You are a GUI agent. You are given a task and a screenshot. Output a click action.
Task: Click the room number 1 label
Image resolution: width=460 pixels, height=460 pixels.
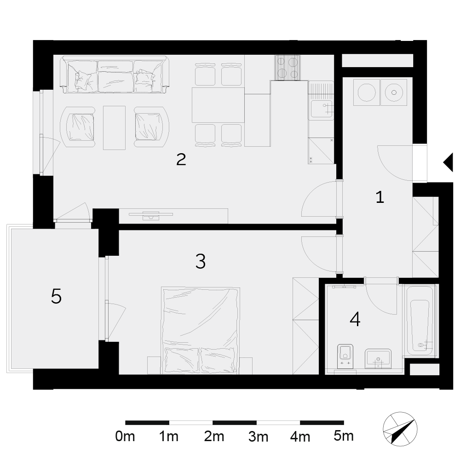point(380,197)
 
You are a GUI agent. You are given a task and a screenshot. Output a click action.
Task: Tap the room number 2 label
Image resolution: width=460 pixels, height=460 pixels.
point(181,159)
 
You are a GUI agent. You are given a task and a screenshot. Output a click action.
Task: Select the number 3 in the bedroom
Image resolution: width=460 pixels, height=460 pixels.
point(201,261)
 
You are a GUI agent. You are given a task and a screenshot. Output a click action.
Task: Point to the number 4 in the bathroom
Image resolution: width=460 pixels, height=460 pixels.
point(355,319)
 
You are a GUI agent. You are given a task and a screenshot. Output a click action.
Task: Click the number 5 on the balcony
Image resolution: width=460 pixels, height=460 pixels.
point(56,296)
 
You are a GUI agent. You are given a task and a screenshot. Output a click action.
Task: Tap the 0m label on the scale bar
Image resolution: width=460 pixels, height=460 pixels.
point(125,436)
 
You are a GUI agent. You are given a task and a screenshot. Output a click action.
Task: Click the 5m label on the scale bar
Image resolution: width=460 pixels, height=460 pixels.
point(344,436)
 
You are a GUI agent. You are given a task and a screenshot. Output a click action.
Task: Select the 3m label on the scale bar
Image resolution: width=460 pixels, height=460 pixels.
point(258,437)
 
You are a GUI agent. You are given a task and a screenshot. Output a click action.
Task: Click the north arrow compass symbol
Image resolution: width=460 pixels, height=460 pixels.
point(400,429)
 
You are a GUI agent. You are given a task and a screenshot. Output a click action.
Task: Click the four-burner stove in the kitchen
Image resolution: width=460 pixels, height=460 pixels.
point(287,68)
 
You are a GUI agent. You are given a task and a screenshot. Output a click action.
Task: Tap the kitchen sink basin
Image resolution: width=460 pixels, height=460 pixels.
point(322,109)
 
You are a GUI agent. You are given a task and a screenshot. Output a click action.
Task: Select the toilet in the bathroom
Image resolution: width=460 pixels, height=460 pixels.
point(345,356)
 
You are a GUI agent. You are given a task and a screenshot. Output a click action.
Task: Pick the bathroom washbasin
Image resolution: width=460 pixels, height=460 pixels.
point(378,358)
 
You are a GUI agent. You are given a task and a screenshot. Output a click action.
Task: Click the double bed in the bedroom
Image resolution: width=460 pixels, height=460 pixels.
point(200,331)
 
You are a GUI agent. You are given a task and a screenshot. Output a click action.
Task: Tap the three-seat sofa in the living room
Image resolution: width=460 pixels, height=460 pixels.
point(115,75)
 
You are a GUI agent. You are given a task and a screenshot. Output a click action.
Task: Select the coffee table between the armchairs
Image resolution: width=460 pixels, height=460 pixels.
point(114,127)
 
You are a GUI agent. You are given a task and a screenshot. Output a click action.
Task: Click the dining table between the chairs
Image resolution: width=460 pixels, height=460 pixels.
point(218,105)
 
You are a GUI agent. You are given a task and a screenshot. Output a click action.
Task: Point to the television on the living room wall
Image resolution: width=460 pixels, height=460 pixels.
point(151,215)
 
